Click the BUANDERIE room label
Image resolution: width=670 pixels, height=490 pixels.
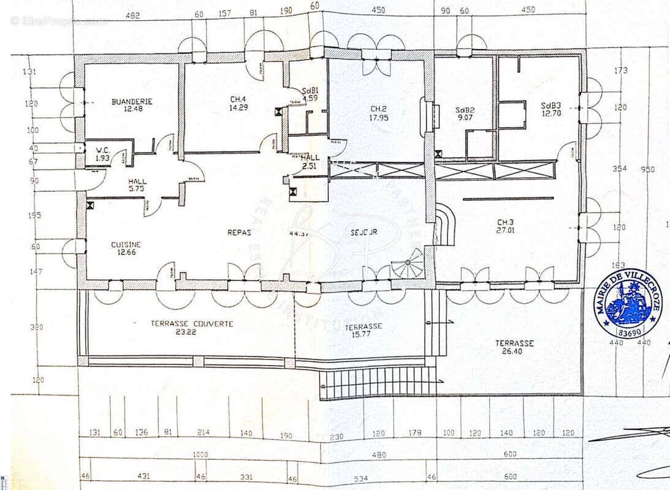(132, 102)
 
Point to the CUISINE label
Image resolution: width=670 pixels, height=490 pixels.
(126, 244)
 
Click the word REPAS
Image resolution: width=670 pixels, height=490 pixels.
(239, 233)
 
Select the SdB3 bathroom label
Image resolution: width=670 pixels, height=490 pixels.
(550, 105)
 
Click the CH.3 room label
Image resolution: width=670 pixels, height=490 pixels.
(506, 222)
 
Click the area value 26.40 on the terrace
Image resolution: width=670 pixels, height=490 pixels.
(514, 353)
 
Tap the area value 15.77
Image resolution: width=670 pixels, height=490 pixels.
(364, 335)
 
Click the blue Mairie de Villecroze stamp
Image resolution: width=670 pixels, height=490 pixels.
(628, 303)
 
